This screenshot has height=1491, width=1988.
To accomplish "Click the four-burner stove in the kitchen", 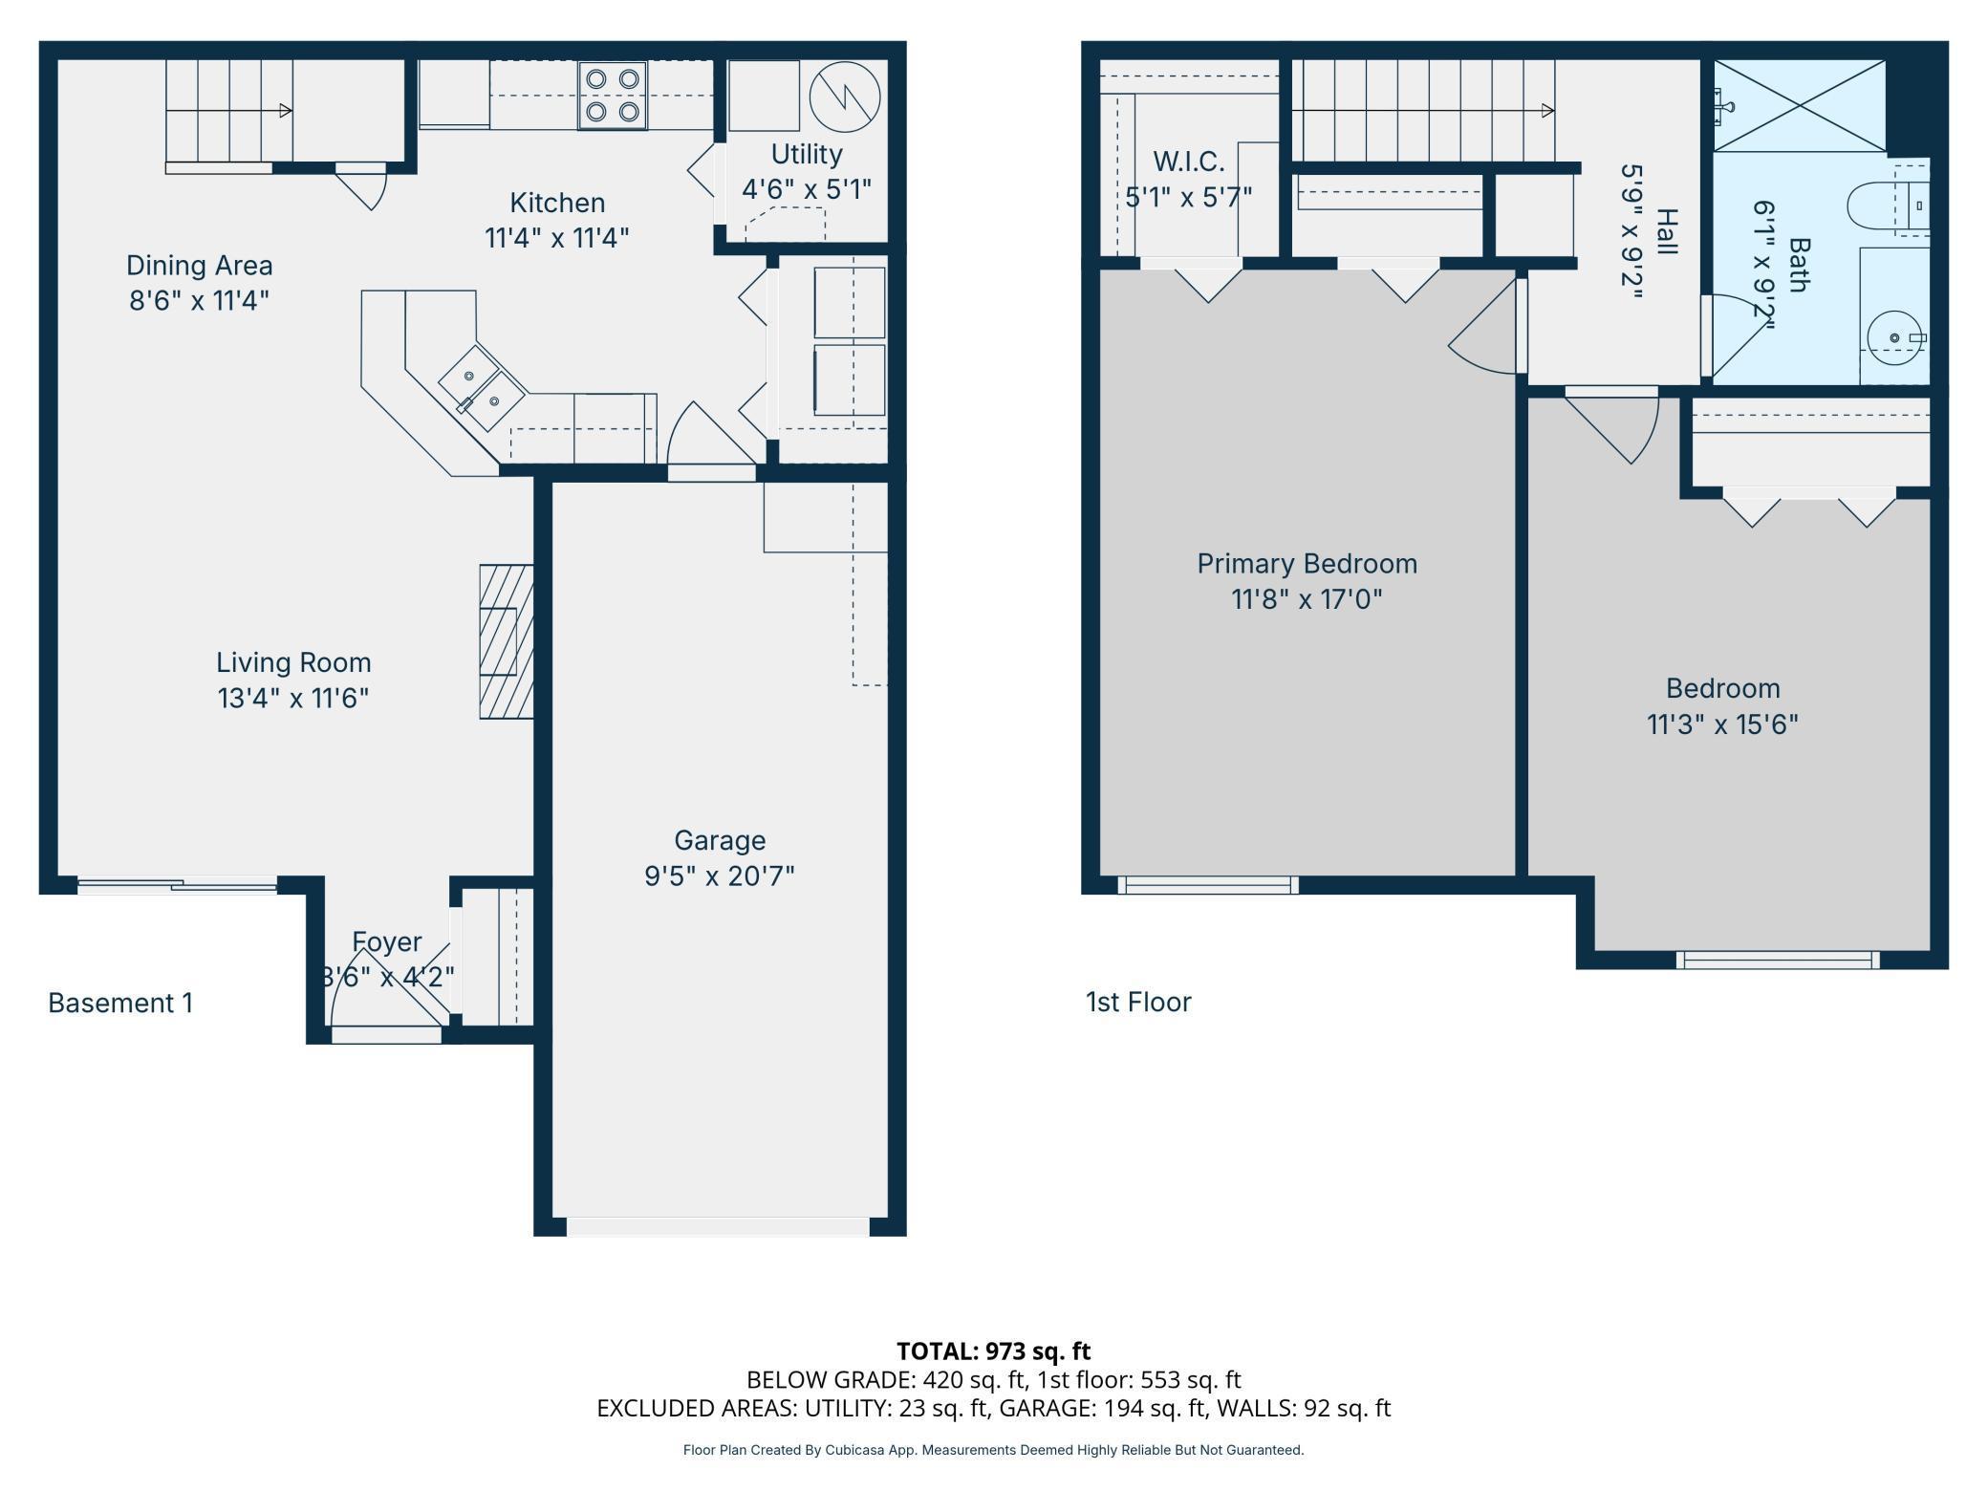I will pyautogui.click(x=612, y=95).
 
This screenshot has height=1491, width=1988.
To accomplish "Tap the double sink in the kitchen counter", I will pyautogui.click(x=481, y=389).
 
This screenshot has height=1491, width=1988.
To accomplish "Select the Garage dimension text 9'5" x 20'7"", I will pyautogui.click(x=719, y=875).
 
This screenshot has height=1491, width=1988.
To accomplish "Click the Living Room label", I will pyautogui.click(x=293, y=662).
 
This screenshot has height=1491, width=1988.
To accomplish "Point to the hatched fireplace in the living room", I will pyautogui.click(x=506, y=641).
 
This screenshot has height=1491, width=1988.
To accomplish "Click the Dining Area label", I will pyautogui.click(x=199, y=265).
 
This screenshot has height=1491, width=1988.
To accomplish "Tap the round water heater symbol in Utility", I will pyautogui.click(x=844, y=96).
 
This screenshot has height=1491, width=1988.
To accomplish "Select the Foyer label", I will pyautogui.click(x=386, y=941).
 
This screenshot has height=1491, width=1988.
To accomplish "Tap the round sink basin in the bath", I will pyautogui.click(x=1893, y=337).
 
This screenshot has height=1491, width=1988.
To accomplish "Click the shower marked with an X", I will pyautogui.click(x=1799, y=105).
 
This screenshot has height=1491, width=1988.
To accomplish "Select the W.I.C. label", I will pyautogui.click(x=1188, y=161).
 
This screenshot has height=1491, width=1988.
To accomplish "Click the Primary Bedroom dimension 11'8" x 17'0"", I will pyautogui.click(x=1307, y=599).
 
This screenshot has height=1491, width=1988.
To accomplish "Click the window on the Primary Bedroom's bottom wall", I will pyautogui.click(x=1207, y=886).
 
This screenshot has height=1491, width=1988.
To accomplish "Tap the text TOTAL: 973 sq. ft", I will pyautogui.click(x=993, y=1351).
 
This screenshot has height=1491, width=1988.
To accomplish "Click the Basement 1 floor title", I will pyautogui.click(x=120, y=1003).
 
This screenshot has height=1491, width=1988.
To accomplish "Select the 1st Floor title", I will pyautogui.click(x=1138, y=1002).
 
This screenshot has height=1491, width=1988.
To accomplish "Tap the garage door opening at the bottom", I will pyautogui.click(x=718, y=1226).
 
